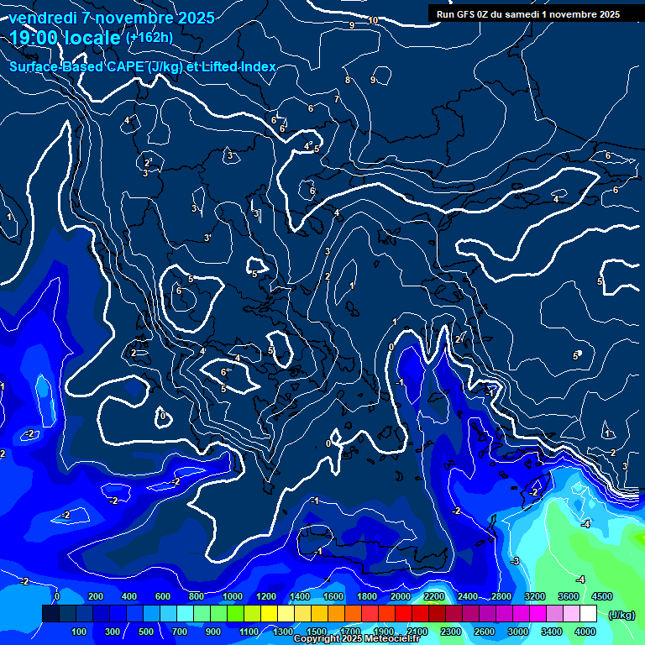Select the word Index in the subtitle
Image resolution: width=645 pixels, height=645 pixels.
coord(258,67)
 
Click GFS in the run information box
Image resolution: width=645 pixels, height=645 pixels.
coord(469,13)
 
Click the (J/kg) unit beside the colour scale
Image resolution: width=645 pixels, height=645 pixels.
coord(621,615)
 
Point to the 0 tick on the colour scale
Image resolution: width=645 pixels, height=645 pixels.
coord(57,596)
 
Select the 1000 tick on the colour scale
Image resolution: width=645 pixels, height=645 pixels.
coord(232,596)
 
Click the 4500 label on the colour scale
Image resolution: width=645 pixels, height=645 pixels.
coord(601,596)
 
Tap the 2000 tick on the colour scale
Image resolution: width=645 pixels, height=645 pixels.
coord(401,596)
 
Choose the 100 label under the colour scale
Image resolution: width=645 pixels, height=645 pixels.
coord(79,632)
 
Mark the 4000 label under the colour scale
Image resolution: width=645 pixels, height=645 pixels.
coord(585,632)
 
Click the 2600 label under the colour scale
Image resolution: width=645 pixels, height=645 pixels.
coord(485,632)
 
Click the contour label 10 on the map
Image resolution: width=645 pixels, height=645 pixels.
coord(373,20)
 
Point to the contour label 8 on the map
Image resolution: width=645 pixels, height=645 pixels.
coord(347,80)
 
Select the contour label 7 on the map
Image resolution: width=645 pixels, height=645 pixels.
coord(336,99)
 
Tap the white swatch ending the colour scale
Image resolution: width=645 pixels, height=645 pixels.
coord(587,614)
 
